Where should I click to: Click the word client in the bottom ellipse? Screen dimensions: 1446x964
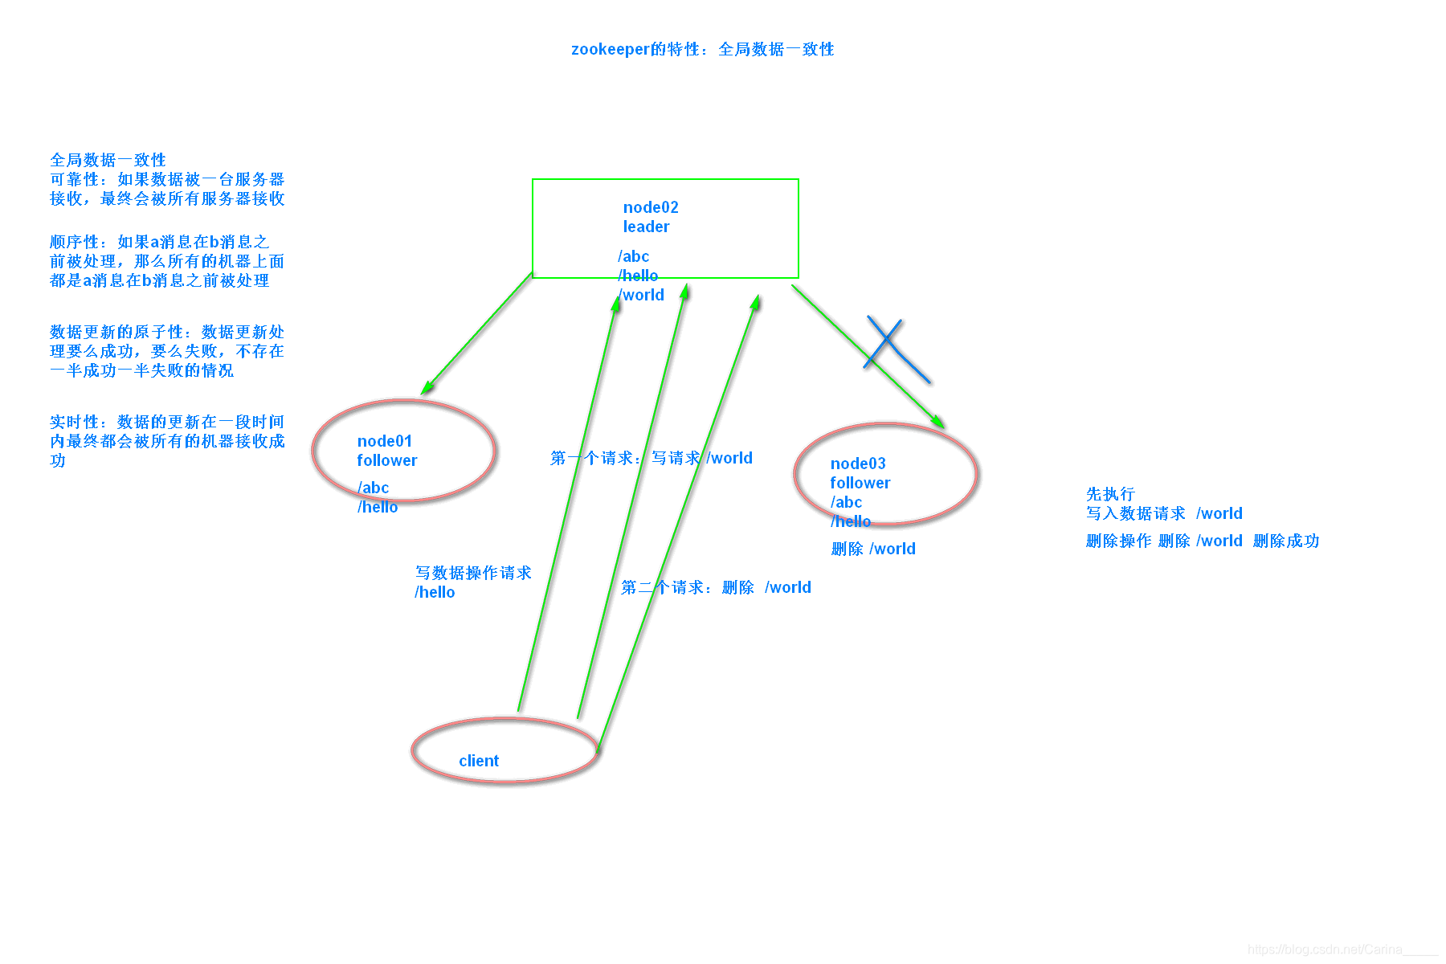tap(479, 761)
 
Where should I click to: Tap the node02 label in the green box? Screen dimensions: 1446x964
tap(651, 207)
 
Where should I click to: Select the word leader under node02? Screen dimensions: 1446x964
tap(646, 227)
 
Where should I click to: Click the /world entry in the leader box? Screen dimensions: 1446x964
tap(642, 295)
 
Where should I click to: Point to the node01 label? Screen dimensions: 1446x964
tap(384, 441)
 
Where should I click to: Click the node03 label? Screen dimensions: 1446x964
tap(858, 464)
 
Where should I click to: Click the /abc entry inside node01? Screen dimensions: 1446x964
tap(374, 488)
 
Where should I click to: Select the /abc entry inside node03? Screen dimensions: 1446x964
tap(846, 502)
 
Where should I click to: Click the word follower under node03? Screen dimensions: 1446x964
tap(860, 483)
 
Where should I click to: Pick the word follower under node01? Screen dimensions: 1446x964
tap(387, 460)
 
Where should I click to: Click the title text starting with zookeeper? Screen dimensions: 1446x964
tap(702, 49)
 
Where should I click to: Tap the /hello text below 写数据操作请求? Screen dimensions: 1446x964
tap(435, 592)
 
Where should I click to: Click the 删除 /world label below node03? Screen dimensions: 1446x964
tap(873, 549)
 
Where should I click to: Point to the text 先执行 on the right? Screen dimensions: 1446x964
tap(1110, 494)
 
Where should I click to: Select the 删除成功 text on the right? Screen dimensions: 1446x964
tap(1286, 541)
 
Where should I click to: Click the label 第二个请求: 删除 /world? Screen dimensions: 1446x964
tap(716, 587)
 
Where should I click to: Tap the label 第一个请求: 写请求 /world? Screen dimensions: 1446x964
tap(651, 458)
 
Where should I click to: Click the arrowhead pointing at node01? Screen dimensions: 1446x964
tap(427, 388)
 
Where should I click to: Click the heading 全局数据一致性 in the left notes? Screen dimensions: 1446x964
tap(108, 160)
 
